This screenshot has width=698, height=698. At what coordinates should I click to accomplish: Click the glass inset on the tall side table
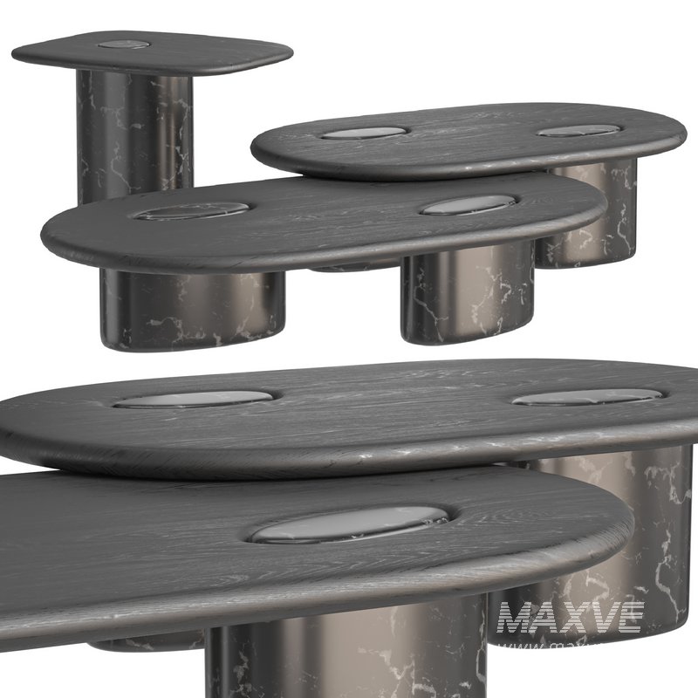[x=123, y=44]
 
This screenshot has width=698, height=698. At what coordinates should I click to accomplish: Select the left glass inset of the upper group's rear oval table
[x=364, y=133]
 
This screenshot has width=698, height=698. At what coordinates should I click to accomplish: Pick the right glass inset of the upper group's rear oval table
[x=578, y=131]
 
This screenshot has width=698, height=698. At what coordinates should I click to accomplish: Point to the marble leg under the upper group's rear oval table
[x=585, y=214]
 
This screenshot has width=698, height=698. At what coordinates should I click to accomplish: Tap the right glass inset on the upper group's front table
[x=468, y=205]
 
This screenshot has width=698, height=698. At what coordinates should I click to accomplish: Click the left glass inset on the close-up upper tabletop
[x=194, y=399]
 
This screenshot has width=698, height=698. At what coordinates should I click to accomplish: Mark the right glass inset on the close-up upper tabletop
[x=587, y=397]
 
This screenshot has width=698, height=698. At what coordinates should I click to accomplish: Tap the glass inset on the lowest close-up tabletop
[x=349, y=523]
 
